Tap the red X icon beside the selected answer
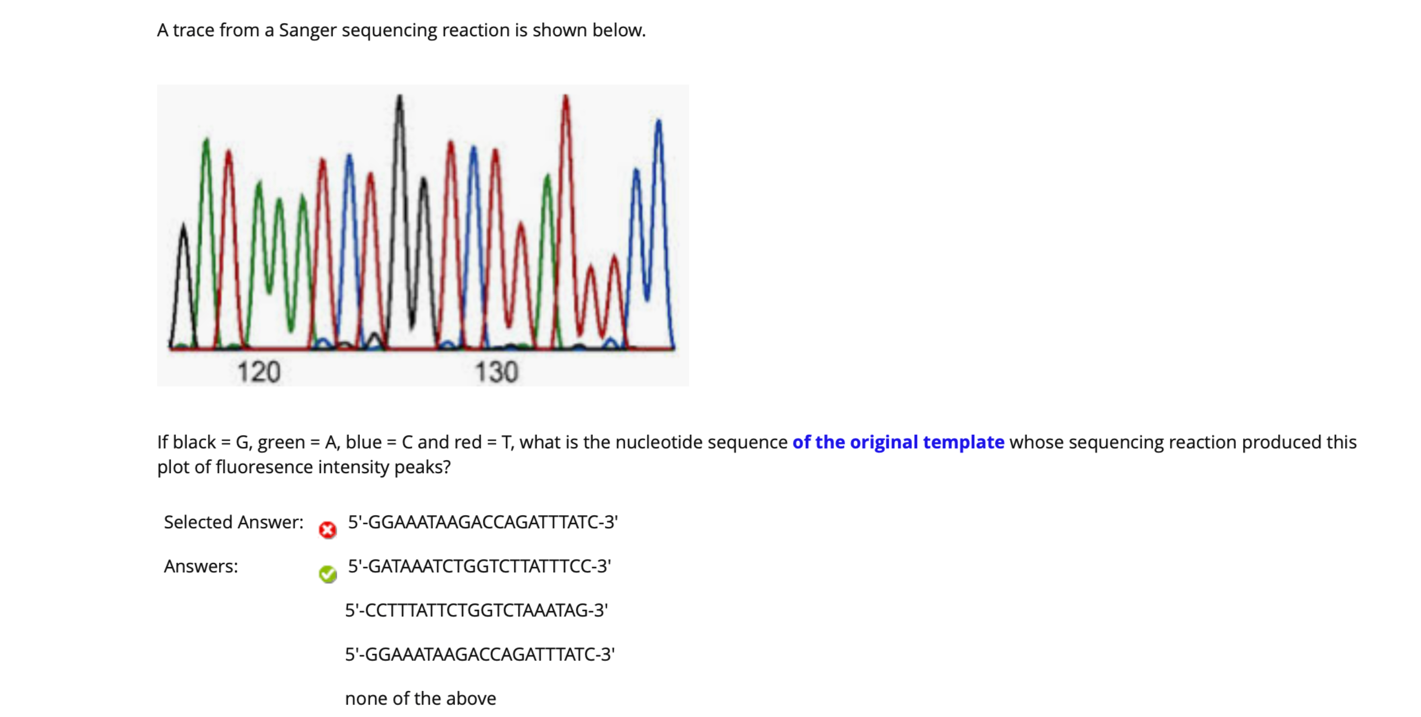click(x=328, y=530)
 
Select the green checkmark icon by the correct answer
click(x=328, y=574)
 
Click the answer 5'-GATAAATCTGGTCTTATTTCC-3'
click(x=479, y=566)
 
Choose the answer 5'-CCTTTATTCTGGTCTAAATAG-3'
click(x=477, y=611)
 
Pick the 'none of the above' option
click(x=420, y=699)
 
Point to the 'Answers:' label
click(x=201, y=566)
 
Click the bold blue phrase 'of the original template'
click(x=898, y=442)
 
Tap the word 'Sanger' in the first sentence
click(x=307, y=30)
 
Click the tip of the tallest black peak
click(x=399, y=96)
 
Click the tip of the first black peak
click(x=184, y=225)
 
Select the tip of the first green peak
click(x=206, y=139)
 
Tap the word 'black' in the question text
click(x=194, y=442)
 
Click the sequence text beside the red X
click(x=483, y=522)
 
